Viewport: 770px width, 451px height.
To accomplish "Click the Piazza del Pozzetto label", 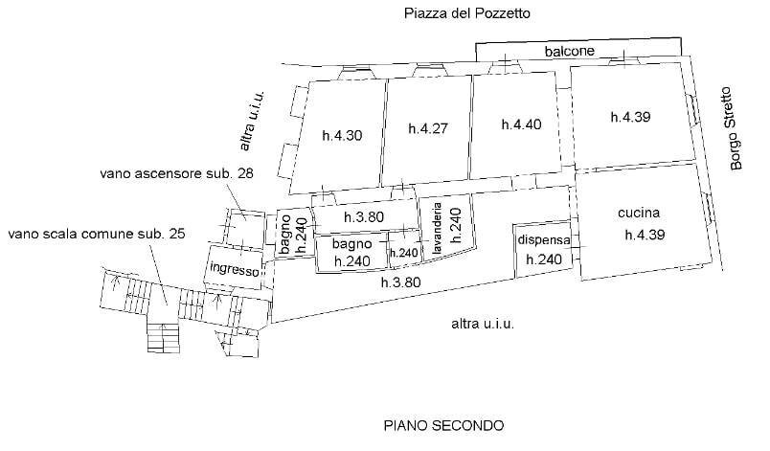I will (x=466, y=13).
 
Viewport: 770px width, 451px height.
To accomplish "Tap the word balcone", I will (x=570, y=51).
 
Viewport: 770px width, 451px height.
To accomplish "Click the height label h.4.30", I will (x=341, y=135).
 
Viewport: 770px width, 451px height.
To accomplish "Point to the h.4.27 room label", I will (x=428, y=128).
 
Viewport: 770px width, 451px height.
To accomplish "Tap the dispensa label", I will (x=543, y=240).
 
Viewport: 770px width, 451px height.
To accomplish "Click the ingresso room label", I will (x=234, y=270).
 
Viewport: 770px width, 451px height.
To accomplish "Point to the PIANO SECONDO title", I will (x=443, y=424).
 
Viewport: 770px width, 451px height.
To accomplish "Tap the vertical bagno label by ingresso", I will (x=285, y=235).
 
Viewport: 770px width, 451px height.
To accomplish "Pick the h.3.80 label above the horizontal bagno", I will (x=363, y=217).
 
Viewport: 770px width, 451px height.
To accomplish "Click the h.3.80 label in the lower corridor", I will (x=400, y=282).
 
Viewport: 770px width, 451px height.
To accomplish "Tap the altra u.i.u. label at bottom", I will (x=484, y=325).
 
